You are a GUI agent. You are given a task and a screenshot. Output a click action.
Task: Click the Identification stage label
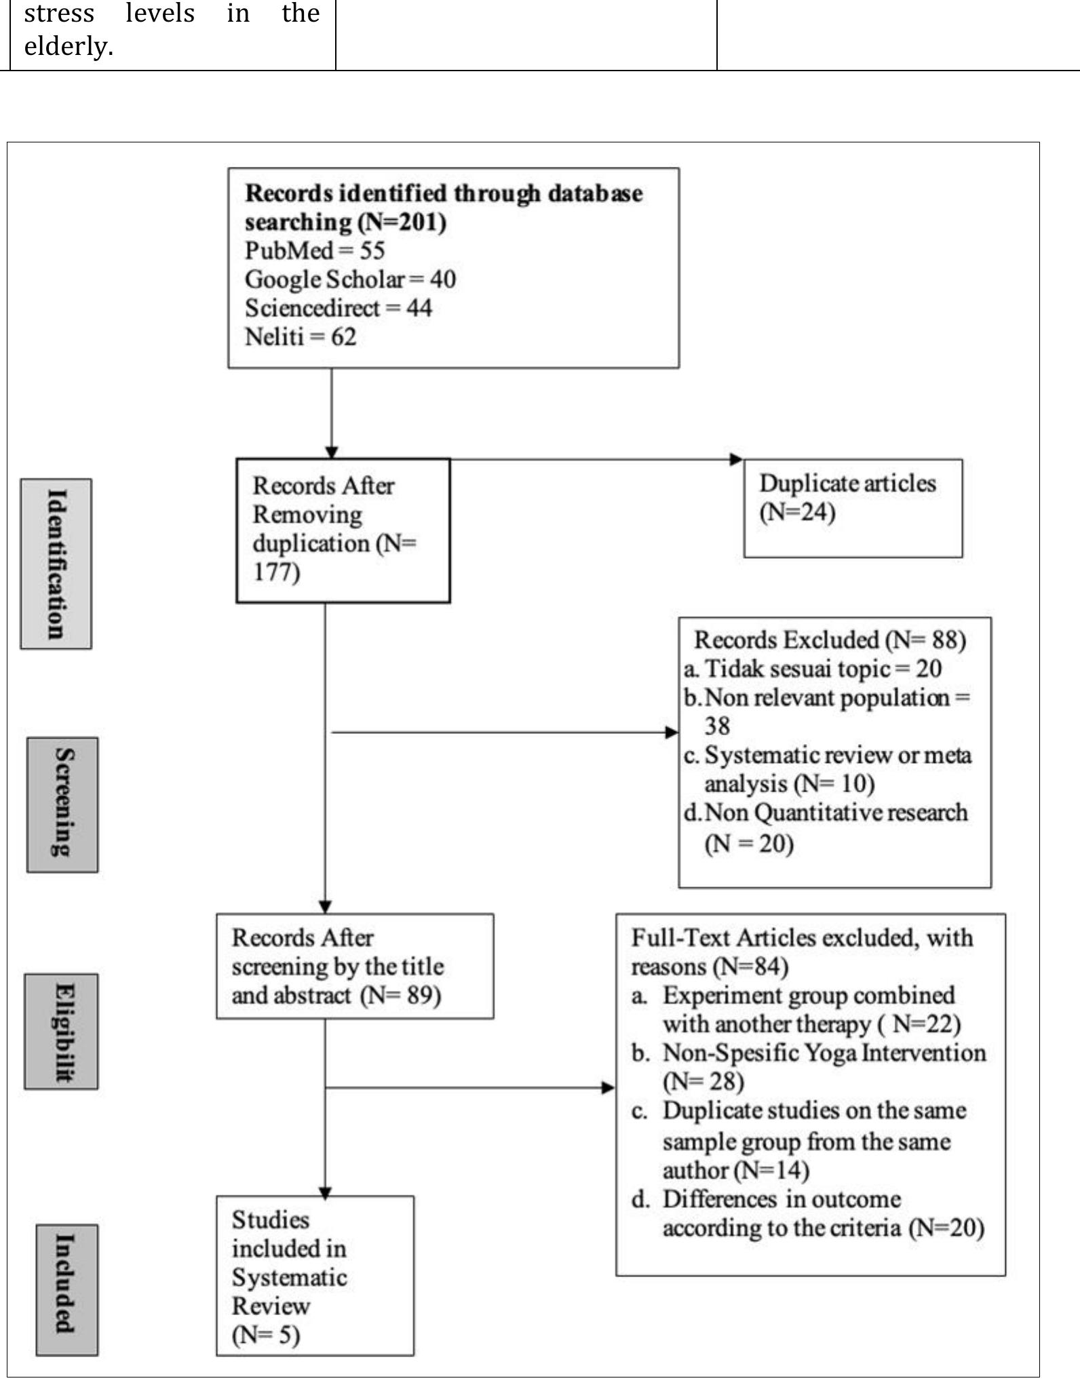coord(56,564)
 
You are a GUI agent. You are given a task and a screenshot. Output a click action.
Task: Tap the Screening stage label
coord(62,804)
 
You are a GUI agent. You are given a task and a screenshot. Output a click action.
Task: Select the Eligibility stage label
coord(62,1032)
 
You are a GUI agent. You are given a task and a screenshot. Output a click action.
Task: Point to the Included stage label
coord(66,1289)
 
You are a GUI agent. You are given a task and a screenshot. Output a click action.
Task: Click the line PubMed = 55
coord(315,251)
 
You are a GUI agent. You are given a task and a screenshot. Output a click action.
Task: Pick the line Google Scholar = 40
coord(350,279)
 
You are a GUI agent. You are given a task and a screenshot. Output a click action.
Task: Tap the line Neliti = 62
coord(300,337)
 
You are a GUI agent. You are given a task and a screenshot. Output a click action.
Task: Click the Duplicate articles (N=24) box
coord(853,508)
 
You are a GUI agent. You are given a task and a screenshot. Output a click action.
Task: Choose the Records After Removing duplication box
coord(343,530)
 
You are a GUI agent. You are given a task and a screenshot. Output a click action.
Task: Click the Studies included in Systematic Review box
coord(315,1276)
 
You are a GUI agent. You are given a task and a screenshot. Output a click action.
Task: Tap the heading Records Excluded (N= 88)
coord(830,640)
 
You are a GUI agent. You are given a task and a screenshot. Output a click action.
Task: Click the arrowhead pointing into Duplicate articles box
coord(737,459)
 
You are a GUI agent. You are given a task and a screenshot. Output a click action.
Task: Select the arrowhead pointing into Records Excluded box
coord(672,732)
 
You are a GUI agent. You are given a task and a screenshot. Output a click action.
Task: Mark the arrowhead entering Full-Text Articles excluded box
coord(609,1088)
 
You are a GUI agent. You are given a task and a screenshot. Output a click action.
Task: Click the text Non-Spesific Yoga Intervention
coord(824,1053)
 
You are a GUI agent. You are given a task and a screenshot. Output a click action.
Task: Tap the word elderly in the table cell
coord(68,47)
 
